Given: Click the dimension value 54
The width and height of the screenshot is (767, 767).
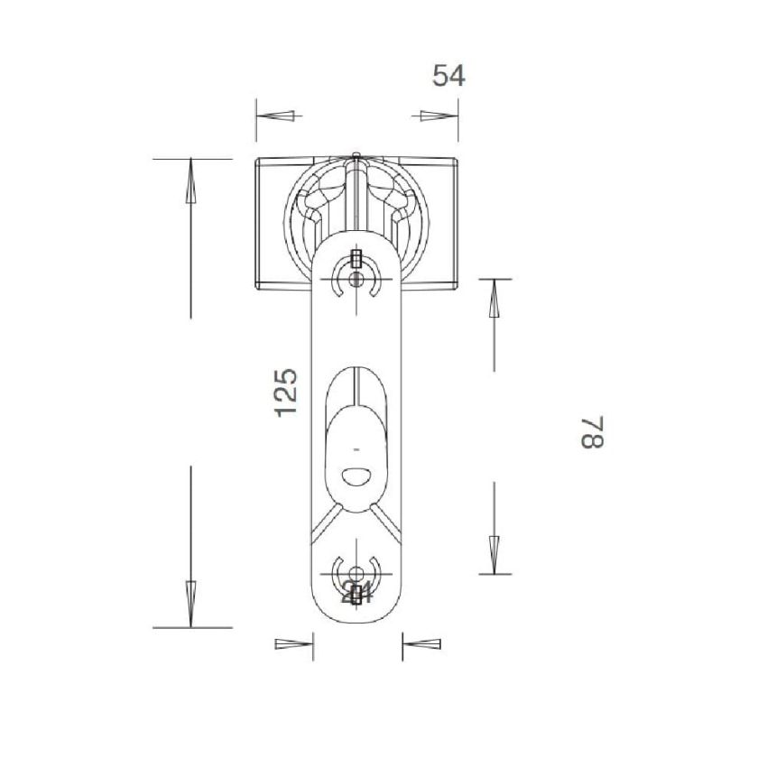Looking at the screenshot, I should click(x=448, y=76).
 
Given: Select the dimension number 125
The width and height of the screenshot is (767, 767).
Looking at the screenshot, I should click(x=285, y=392).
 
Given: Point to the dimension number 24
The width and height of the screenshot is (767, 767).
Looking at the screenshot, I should click(x=357, y=593).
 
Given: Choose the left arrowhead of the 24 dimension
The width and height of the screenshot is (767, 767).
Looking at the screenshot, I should click(x=293, y=644).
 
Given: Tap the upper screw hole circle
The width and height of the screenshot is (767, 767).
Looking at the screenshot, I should click(x=357, y=280).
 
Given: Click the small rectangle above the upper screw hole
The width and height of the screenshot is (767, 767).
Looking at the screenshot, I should click(x=357, y=259).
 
